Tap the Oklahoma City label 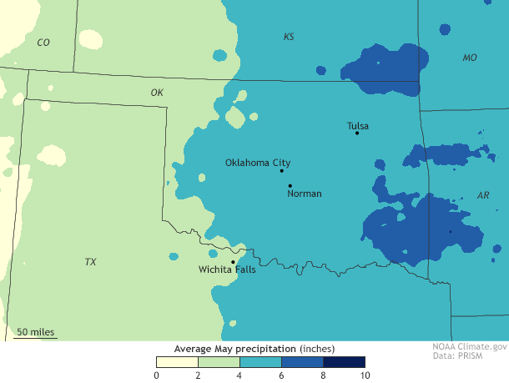point(258,163)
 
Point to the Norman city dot point(290,185)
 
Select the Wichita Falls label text point(227,270)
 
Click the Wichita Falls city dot point(233,262)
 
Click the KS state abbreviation point(289,37)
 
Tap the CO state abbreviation point(43,42)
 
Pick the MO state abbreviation point(471,58)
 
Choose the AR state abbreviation point(483,195)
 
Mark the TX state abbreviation point(90,262)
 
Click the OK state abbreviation point(157,93)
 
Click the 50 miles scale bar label point(36,332)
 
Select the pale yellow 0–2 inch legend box point(177,362)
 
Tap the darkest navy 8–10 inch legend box point(344,362)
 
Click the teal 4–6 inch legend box point(260,362)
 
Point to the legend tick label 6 point(281,375)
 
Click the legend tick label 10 point(365,375)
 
